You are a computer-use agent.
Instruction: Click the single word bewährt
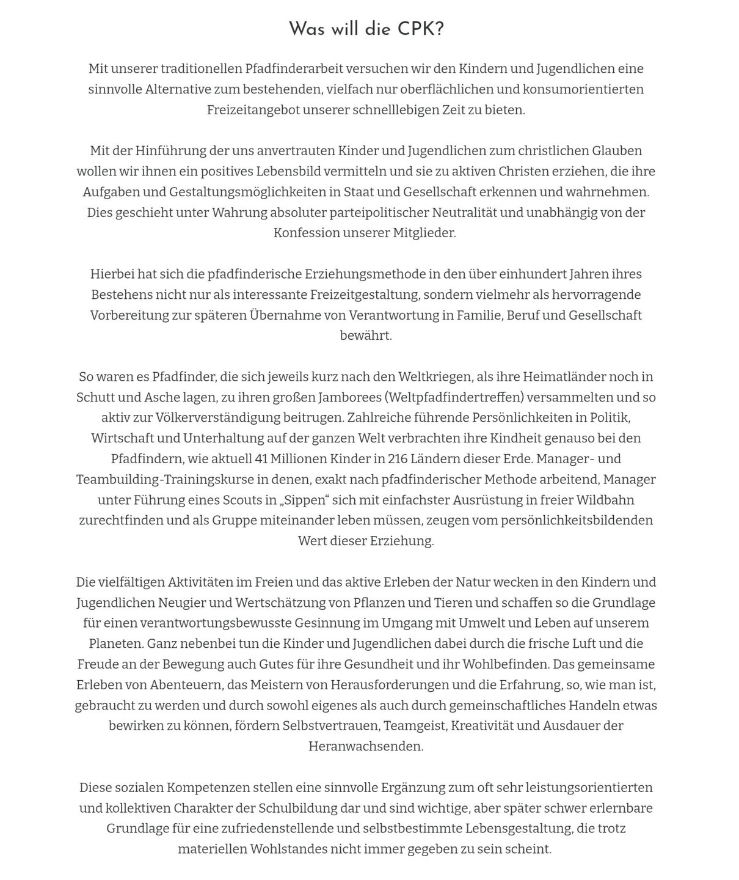[366, 335]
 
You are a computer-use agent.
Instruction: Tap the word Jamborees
[350, 397]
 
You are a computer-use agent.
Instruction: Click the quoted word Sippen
[304, 500]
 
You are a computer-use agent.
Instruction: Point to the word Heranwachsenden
[366, 746]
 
